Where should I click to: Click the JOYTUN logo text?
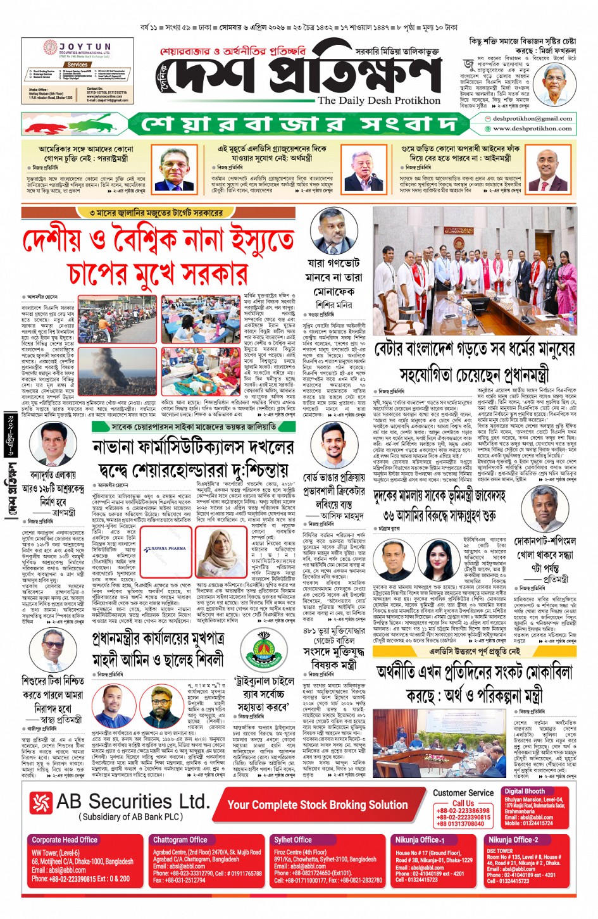pos(85,47)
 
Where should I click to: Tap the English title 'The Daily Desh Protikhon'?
pos(378,101)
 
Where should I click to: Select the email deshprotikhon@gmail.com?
pos(532,118)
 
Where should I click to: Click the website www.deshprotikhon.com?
pos(532,128)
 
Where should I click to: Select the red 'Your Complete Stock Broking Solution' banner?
pos(317,804)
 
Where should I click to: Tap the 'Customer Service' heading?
pos(463,792)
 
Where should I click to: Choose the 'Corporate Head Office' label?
pos(65,840)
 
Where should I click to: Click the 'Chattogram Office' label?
pos(180,840)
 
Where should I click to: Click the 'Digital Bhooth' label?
pos(524,791)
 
